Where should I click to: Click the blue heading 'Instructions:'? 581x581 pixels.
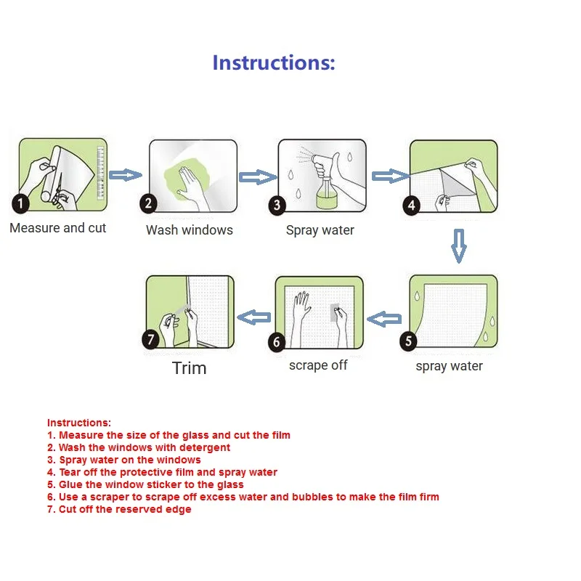pos(274,62)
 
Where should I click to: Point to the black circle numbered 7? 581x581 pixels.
pos(150,338)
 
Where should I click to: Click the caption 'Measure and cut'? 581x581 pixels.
pos(58,228)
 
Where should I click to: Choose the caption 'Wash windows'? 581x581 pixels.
pos(190,230)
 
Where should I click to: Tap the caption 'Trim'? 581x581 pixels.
pos(190,368)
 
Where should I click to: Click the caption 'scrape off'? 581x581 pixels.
pos(318,365)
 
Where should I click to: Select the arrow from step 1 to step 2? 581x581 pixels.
pos(128,175)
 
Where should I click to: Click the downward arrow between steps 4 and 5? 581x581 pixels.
pos(458,245)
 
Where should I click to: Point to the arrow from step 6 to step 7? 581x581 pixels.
pos(255,316)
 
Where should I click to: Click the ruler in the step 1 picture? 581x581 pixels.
pos(102,171)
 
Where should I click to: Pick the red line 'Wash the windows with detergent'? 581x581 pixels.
pos(144,448)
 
